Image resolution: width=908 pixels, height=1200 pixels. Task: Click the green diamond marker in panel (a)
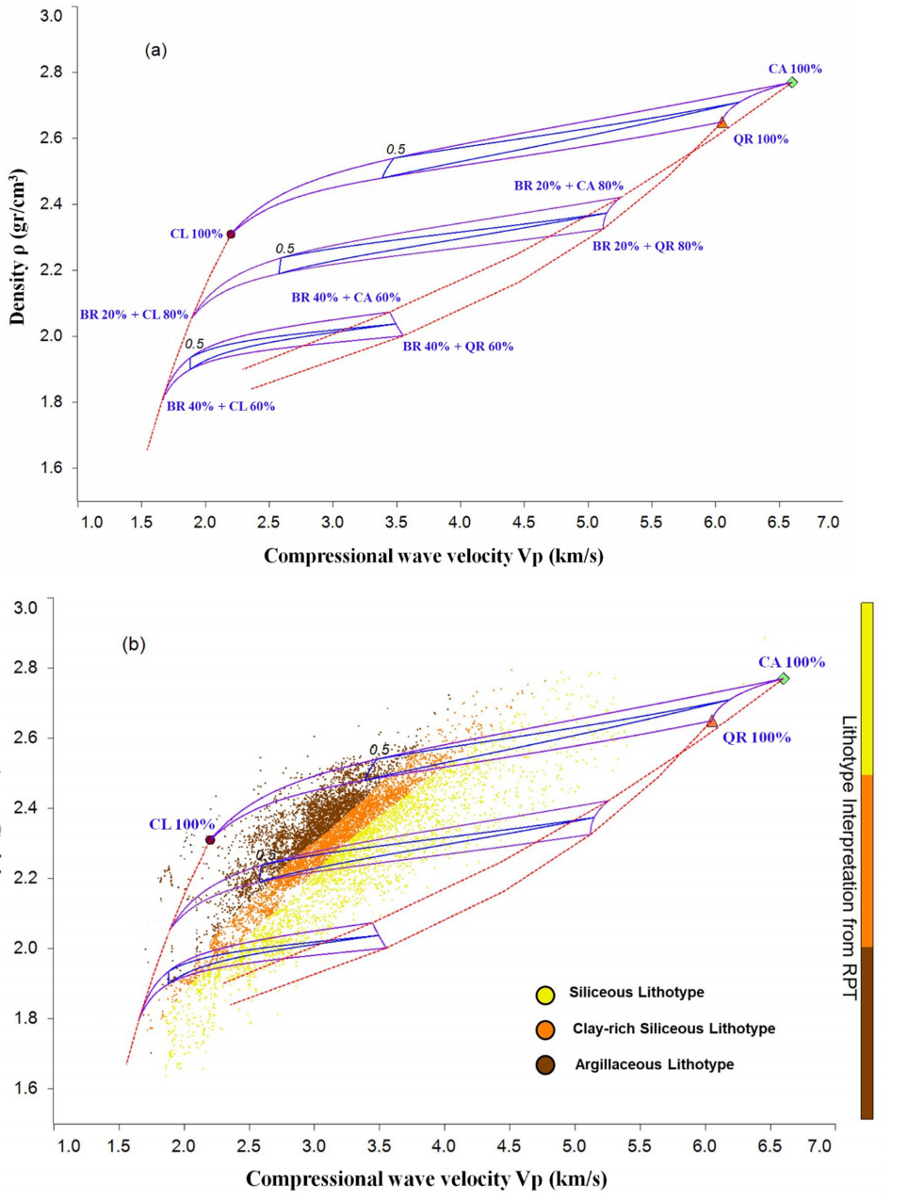(792, 83)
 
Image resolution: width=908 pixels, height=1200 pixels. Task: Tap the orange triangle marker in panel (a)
(722, 123)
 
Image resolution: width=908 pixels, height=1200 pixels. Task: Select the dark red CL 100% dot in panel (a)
(231, 235)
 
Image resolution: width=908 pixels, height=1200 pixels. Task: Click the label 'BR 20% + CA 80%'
(568, 186)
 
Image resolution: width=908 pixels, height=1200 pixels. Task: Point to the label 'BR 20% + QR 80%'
(647, 246)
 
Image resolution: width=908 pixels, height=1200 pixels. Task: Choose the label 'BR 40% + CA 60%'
(346, 298)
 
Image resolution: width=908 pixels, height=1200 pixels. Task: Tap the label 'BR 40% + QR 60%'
(458, 347)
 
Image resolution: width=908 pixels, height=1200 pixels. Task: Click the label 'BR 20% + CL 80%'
(134, 315)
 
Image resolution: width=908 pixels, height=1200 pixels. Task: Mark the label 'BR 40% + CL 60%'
(220, 407)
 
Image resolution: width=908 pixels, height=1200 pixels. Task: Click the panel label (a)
(155, 50)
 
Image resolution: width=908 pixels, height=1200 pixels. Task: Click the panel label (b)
(134, 644)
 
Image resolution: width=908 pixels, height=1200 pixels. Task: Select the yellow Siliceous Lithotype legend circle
(544, 994)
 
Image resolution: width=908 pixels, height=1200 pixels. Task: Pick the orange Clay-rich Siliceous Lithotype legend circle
(544, 1030)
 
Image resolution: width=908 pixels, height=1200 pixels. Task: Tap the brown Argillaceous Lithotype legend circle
(544, 1065)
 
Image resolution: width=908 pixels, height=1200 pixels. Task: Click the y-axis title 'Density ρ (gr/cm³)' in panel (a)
(18, 247)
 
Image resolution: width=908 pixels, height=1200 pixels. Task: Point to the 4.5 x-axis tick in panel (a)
(524, 522)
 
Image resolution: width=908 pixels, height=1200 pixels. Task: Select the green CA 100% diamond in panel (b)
(783, 679)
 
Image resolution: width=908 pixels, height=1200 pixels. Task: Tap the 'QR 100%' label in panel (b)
(756, 738)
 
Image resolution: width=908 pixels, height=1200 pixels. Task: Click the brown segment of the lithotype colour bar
(867, 1032)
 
